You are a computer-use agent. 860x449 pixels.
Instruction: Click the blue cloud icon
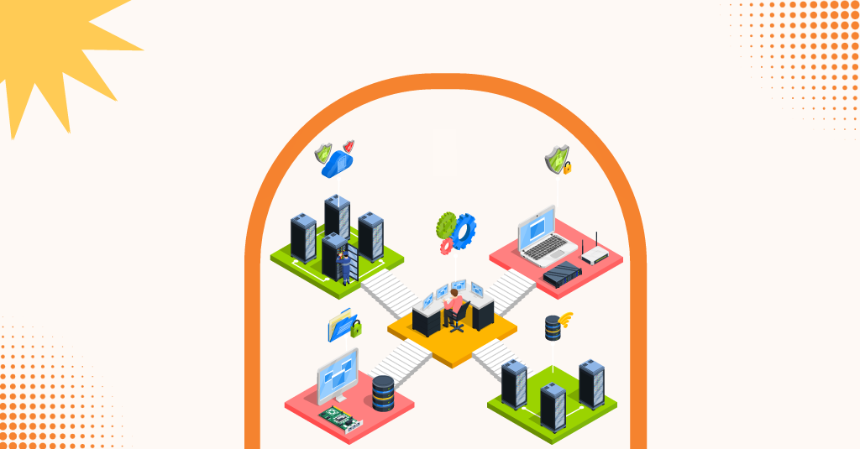point(338,163)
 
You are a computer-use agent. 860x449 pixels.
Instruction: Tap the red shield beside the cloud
point(349,147)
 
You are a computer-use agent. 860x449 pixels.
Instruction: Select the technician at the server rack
point(343,265)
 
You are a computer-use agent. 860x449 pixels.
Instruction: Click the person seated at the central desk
point(454,302)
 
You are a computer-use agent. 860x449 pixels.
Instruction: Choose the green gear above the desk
point(446,224)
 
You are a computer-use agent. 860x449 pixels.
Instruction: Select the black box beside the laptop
point(562,273)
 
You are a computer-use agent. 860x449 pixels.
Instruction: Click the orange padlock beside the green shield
point(568,168)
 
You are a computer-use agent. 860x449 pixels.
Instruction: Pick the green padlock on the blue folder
point(356,327)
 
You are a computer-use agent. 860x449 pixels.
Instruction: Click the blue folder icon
point(342,325)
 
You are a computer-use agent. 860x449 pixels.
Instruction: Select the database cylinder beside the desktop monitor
point(383,393)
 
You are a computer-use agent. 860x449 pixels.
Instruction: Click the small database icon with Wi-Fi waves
point(553,327)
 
